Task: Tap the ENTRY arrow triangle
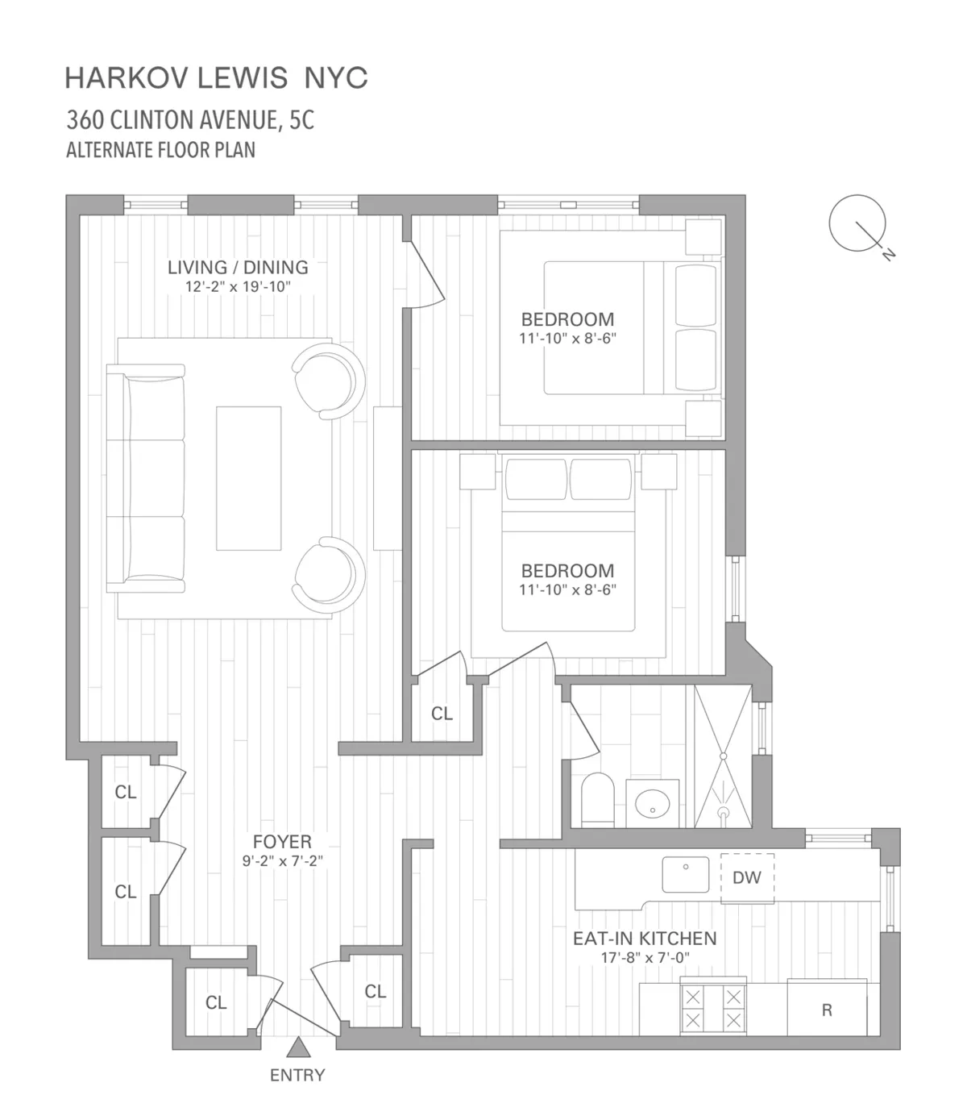click(x=299, y=1048)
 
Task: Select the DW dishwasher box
click(x=747, y=878)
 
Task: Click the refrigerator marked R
click(x=827, y=1008)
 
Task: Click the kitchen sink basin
click(x=685, y=875)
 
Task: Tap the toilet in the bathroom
click(x=598, y=800)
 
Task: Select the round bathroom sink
click(x=652, y=803)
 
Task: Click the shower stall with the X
click(x=723, y=756)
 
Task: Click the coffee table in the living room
click(x=248, y=478)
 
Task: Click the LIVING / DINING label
click(x=238, y=267)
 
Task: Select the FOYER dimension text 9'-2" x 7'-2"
click(x=282, y=861)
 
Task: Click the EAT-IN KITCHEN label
click(x=644, y=939)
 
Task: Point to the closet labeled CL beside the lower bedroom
click(x=442, y=714)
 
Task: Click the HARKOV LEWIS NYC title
click(x=216, y=78)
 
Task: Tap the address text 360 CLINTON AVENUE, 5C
click(x=190, y=120)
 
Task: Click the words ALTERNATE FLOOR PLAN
click(x=160, y=151)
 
